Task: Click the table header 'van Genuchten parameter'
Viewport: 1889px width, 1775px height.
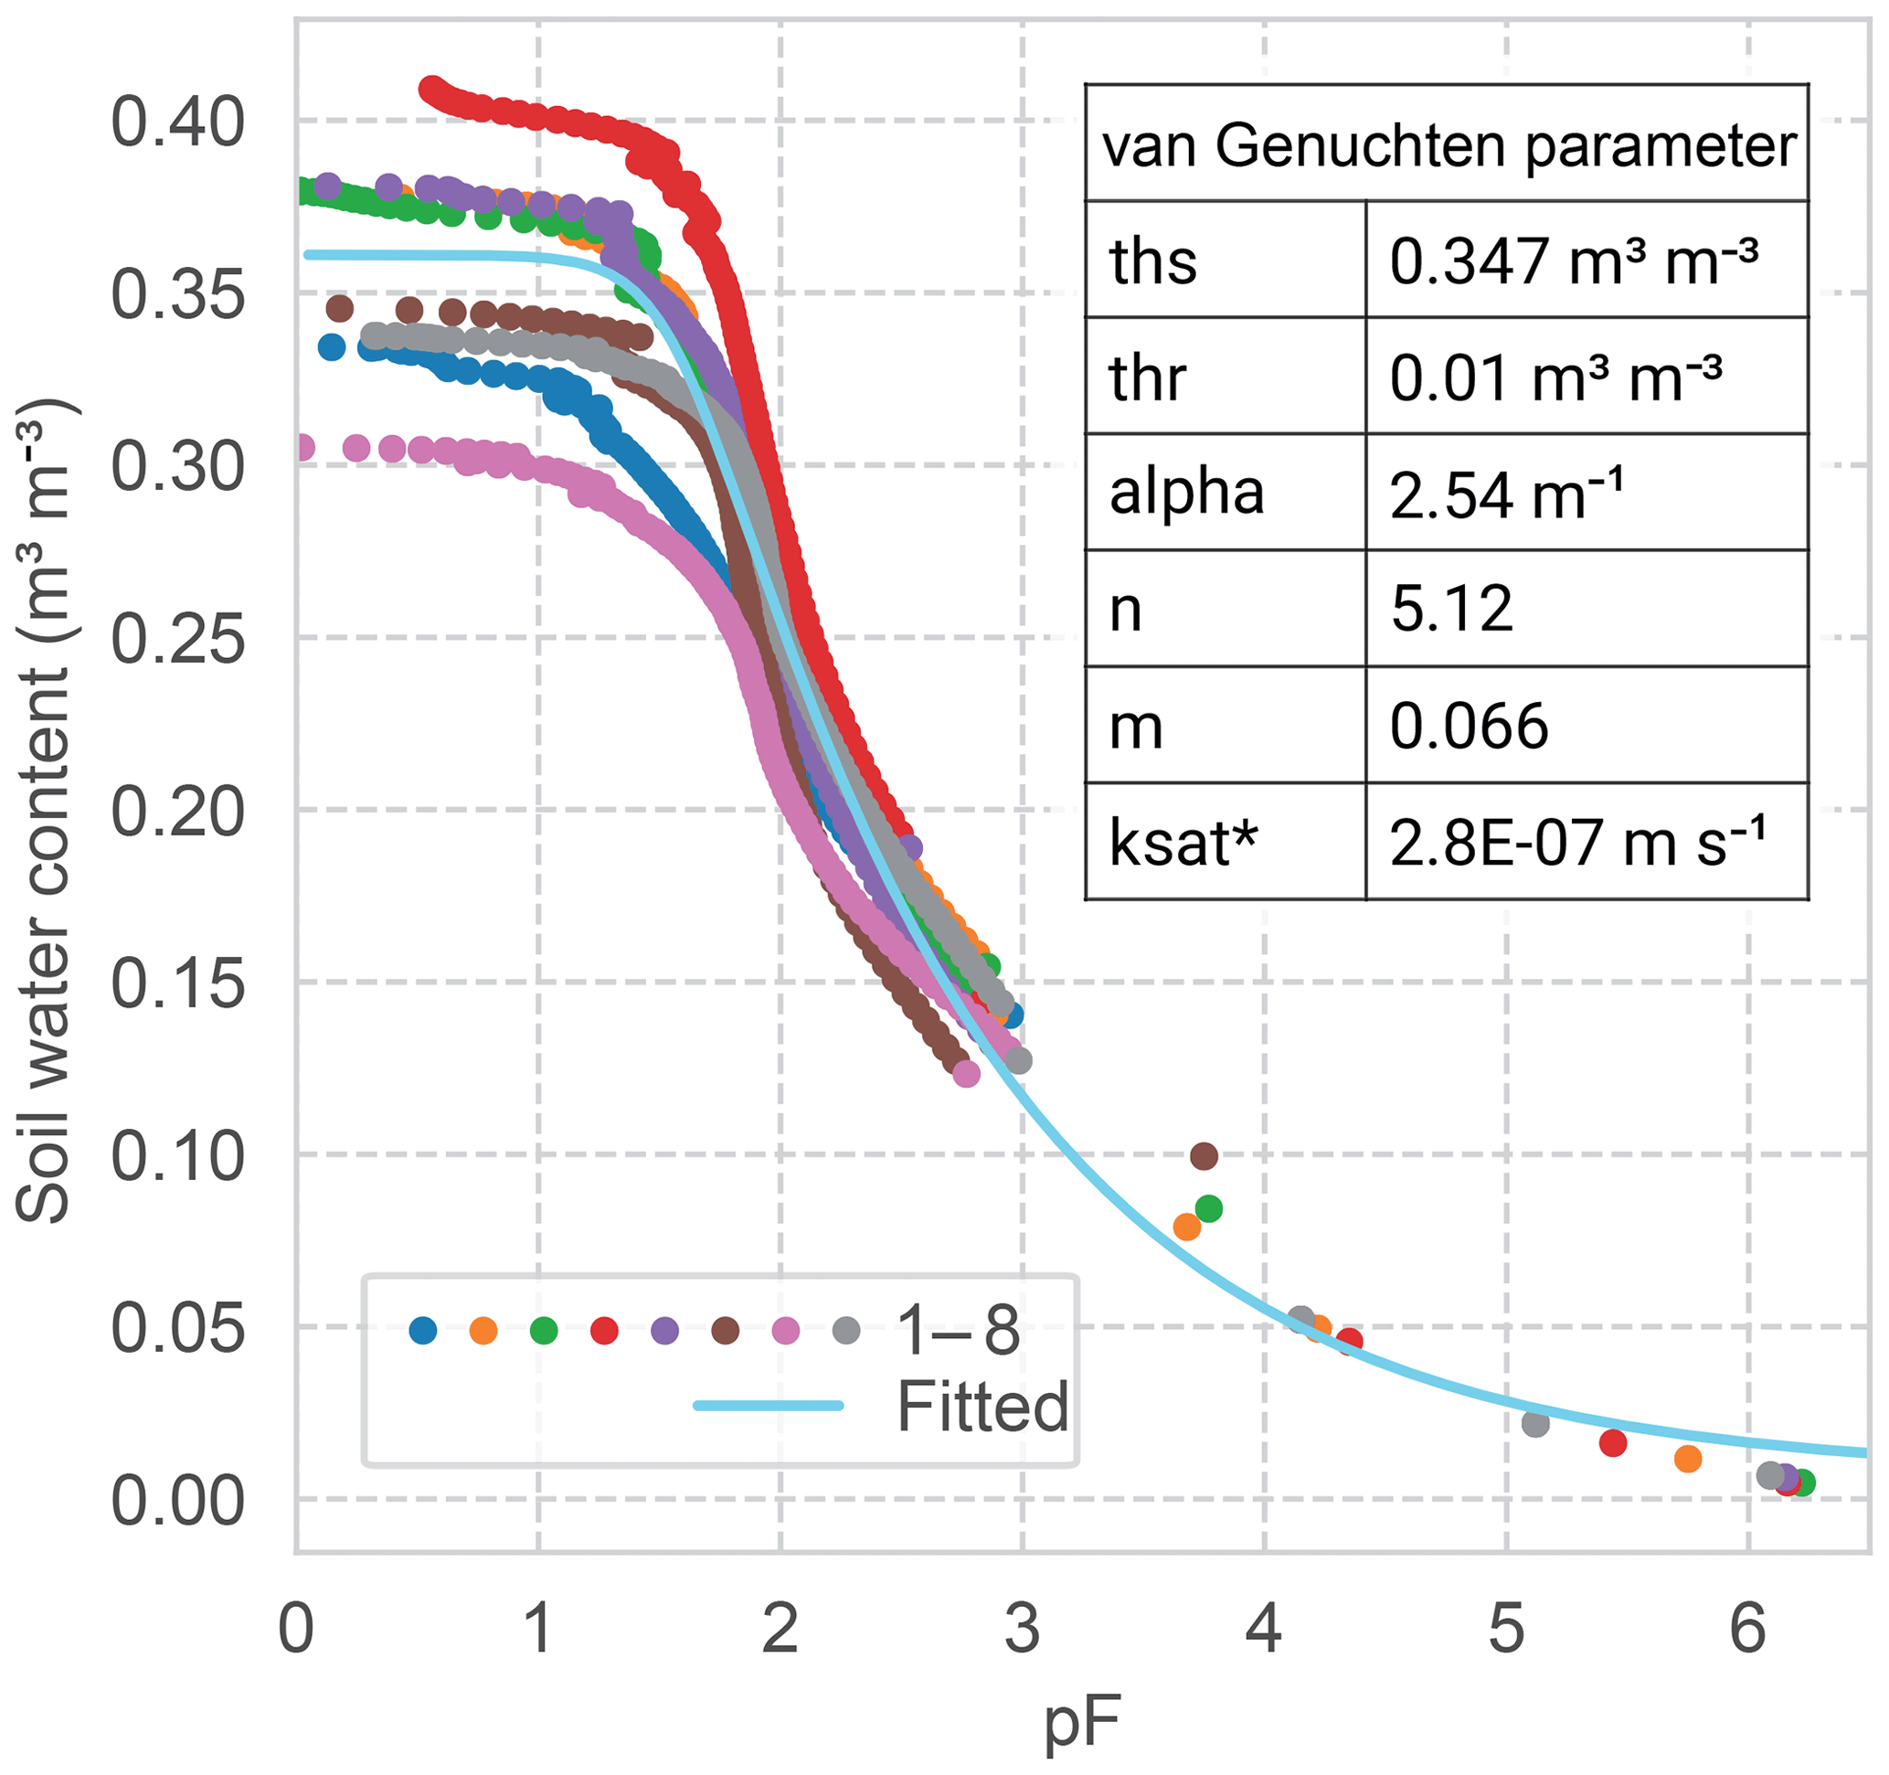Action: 1449,146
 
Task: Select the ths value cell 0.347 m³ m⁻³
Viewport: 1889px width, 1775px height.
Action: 1573,261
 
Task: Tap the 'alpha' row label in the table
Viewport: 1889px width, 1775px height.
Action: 1186,494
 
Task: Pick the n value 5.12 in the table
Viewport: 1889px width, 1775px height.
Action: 1451,609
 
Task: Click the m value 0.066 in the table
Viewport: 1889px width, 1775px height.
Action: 1468,727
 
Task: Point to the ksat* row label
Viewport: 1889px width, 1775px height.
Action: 1183,843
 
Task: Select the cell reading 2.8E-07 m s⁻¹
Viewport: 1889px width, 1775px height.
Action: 1576,843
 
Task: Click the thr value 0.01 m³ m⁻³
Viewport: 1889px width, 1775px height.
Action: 1555,378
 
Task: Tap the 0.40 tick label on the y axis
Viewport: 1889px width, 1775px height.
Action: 177,122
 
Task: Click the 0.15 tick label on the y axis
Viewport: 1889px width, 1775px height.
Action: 177,983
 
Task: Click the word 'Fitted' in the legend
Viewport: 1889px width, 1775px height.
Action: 982,1407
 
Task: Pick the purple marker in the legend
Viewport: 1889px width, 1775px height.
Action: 665,1331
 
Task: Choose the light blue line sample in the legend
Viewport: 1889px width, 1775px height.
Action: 768,1407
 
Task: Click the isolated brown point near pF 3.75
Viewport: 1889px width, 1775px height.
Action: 1204,1156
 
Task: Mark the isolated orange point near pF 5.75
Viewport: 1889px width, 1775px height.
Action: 1688,1460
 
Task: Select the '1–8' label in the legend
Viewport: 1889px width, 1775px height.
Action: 958,1331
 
